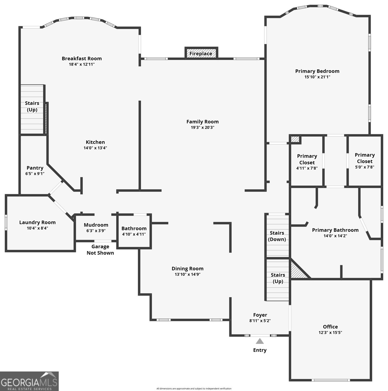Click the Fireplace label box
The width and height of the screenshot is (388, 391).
coord(201,53)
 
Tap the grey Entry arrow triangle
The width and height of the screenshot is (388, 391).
coord(260,341)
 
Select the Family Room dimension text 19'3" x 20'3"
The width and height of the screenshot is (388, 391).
coord(202,127)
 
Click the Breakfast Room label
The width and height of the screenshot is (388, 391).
coord(82,58)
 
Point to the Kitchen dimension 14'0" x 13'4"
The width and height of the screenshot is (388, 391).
coord(95,148)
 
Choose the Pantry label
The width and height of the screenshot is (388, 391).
coord(35,168)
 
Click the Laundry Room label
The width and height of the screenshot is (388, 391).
coord(38,223)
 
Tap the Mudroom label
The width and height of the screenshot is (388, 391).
coord(96,225)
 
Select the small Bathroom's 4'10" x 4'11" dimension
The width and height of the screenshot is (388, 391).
coord(134,234)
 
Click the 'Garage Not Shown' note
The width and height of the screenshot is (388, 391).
coord(100,250)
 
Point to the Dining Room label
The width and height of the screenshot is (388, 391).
coord(187,268)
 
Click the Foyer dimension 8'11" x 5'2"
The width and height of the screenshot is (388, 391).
coord(260,321)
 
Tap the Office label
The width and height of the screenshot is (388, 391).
coord(330,327)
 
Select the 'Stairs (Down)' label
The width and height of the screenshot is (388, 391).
coord(277,236)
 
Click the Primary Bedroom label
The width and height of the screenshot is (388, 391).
coord(317,71)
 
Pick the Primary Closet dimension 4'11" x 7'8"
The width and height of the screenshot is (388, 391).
coord(307,168)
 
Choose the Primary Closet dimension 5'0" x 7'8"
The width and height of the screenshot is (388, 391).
coord(364,167)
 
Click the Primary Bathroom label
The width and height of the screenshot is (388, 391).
coord(335,230)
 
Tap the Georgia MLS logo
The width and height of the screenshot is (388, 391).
coord(29,381)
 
